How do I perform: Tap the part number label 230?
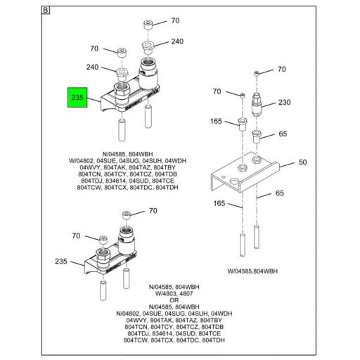(x=284, y=102)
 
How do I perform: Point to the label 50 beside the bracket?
(x=302, y=162)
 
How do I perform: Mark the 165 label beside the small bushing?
(x=215, y=122)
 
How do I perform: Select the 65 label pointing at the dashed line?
(x=279, y=192)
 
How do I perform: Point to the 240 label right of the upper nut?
(x=177, y=41)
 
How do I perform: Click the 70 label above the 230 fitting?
(x=281, y=70)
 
